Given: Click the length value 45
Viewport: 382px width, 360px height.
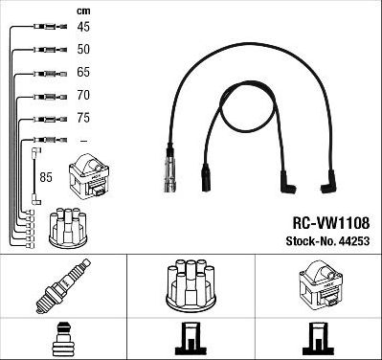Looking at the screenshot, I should (83, 28).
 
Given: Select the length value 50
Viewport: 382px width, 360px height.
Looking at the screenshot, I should (83, 49).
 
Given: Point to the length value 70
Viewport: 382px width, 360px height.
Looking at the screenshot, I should (83, 96).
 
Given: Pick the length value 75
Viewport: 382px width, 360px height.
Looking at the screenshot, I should (83, 119).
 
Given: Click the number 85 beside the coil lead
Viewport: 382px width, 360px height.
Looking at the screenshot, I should (47, 176).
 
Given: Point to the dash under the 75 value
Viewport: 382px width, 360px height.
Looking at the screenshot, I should (83, 141).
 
